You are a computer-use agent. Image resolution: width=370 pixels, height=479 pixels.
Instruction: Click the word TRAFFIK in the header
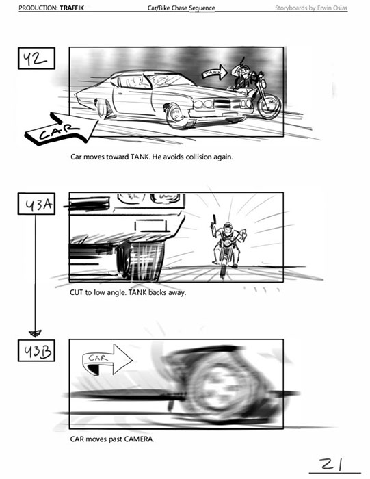[x=72, y=8]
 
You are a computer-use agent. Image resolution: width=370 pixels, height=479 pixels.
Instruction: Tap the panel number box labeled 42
[x=36, y=58]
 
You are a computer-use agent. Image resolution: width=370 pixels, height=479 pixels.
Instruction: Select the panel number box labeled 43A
[x=36, y=203]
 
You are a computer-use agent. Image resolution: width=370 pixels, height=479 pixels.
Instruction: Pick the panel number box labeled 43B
[x=36, y=350]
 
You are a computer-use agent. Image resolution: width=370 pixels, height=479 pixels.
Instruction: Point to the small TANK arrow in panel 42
[x=215, y=73]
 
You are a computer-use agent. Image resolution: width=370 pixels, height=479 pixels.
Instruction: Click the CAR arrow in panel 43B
[x=107, y=359]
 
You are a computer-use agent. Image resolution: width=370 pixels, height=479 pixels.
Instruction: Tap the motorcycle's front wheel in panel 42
[x=269, y=105]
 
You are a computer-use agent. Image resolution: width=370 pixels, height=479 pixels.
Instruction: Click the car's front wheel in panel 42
[x=177, y=116]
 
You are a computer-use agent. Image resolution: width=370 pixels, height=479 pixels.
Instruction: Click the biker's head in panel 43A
[x=228, y=227]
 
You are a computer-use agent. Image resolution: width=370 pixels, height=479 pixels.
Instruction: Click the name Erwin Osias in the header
[x=332, y=8]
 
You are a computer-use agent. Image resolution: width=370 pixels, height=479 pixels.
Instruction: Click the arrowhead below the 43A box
[x=35, y=334]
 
